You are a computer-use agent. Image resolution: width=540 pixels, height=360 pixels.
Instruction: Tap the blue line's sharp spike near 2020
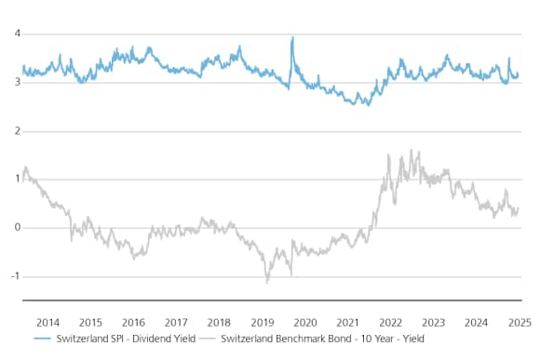pos(292,38)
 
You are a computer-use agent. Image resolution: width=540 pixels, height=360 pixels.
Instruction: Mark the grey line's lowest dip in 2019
pos(267,281)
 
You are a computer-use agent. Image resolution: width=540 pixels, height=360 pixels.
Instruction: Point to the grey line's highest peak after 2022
pos(411,151)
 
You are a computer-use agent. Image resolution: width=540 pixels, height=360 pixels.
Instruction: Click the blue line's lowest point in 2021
pos(368,105)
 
